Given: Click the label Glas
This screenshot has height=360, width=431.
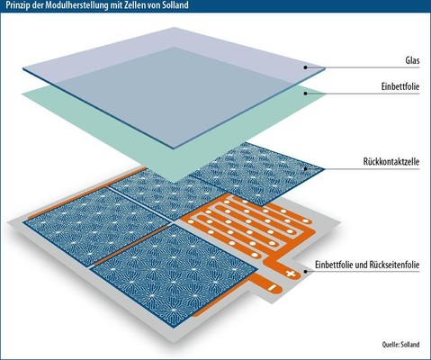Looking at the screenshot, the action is click(x=412, y=61).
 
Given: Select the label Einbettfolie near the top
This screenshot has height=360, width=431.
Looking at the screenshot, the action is click(x=400, y=86).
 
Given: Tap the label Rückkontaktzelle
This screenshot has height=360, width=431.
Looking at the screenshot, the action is click(x=391, y=162).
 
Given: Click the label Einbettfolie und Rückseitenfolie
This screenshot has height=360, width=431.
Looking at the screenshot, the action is click(x=367, y=265).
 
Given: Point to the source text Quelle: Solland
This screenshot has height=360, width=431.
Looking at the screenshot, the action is click(x=400, y=345).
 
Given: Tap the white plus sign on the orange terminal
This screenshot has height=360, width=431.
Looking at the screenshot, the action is click(x=291, y=274).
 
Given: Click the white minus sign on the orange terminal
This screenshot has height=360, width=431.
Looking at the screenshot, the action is click(x=272, y=288).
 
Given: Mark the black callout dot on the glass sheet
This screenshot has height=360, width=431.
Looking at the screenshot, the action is click(x=305, y=67).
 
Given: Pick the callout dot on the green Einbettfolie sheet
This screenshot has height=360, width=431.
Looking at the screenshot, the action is click(x=305, y=94).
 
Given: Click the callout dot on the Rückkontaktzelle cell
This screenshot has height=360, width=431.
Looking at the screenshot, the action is click(x=305, y=168).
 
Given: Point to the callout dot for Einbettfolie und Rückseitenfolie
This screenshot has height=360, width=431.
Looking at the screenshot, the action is click(x=305, y=272).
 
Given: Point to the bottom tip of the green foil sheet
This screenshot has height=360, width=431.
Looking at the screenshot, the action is click(x=174, y=183).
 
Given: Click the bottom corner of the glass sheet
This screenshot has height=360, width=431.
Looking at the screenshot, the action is click(x=174, y=148).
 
